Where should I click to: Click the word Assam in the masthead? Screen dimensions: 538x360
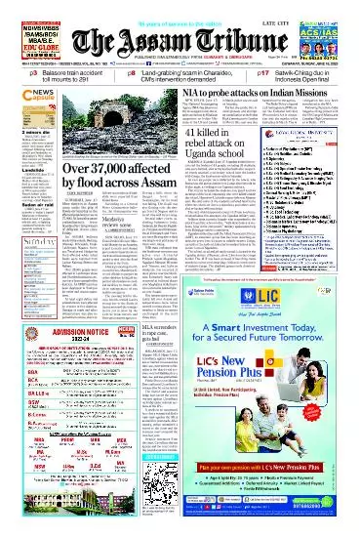(158, 38)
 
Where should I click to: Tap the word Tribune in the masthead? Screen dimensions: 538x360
(224, 38)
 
